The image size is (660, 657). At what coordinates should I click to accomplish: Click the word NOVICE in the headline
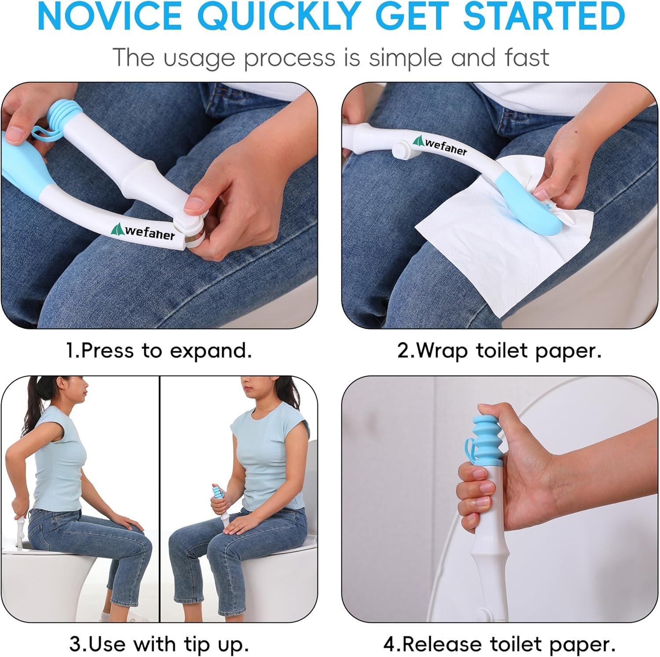coord(110,16)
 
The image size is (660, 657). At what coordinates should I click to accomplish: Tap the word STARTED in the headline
coord(544,16)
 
